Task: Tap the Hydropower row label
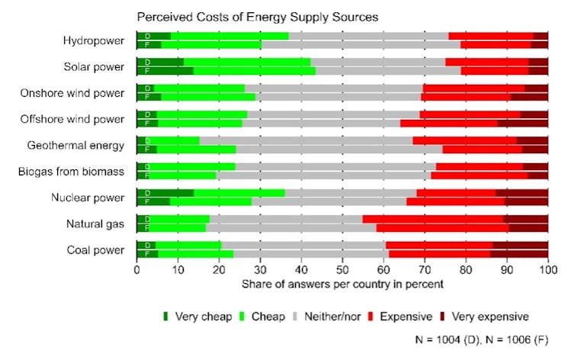pyautogui.click(x=95, y=40)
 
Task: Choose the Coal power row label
pyautogui.click(x=96, y=249)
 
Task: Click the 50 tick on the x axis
pyautogui.click(x=342, y=269)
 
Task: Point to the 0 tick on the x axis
pyautogui.click(x=137, y=269)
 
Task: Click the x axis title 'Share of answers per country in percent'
pyautogui.click(x=342, y=284)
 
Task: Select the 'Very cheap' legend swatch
pyautogui.click(x=165, y=316)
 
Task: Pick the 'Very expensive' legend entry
pyautogui.click(x=490, y=316)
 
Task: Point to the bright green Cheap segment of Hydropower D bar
pyautogui.click(x=229, y=36)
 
